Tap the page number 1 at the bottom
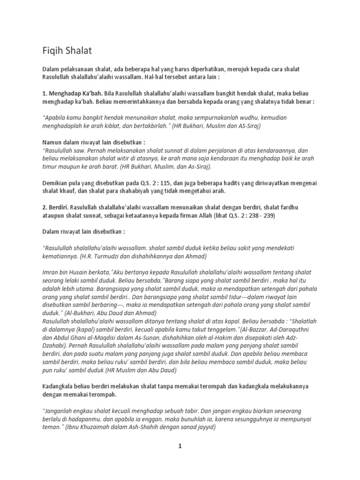[180, 447]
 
